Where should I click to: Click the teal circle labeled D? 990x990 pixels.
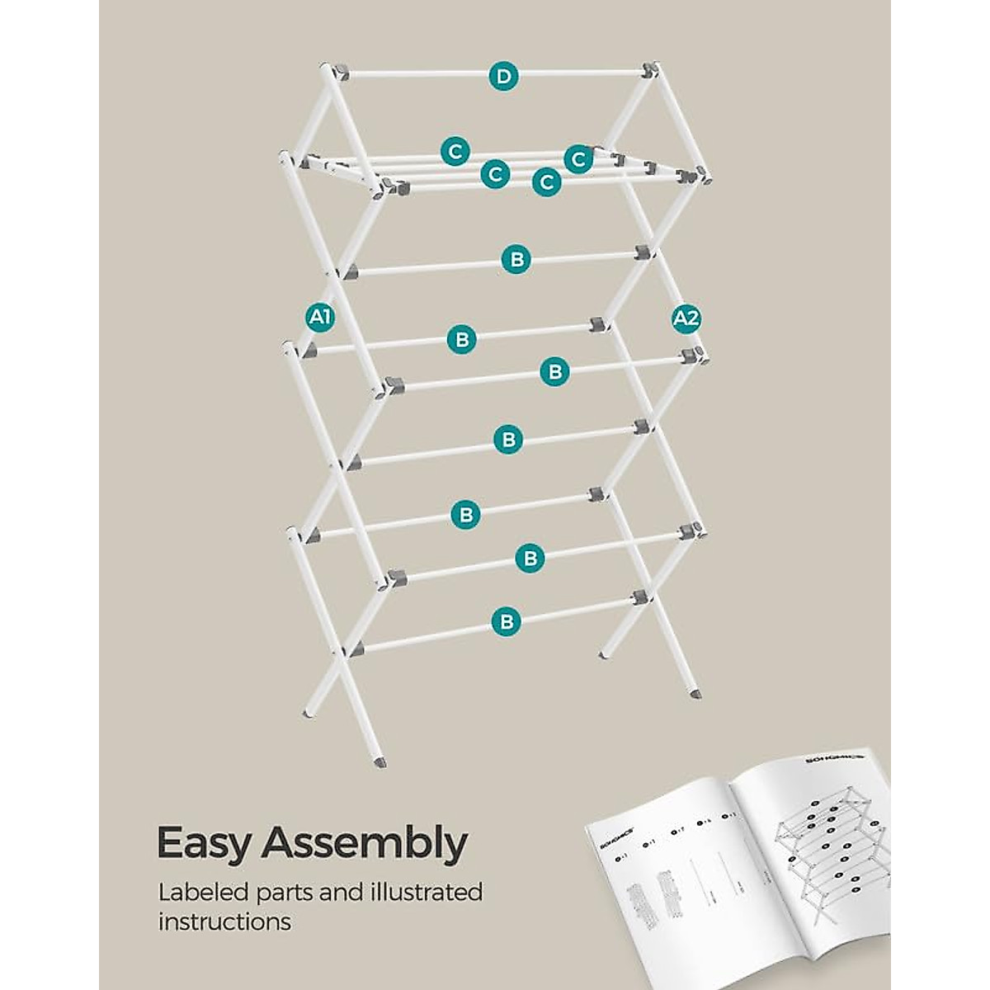coord(504,77)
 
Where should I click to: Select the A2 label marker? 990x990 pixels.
coord(686,318)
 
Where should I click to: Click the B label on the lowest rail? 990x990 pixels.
coord(507,620)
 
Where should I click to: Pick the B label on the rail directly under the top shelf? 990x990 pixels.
coord(516,259)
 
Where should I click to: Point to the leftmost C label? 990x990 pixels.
coord(454,152)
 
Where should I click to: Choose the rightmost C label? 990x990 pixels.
coord(578,158)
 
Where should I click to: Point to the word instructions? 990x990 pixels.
coord(224,922)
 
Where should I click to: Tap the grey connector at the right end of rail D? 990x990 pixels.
coord(650,69)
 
